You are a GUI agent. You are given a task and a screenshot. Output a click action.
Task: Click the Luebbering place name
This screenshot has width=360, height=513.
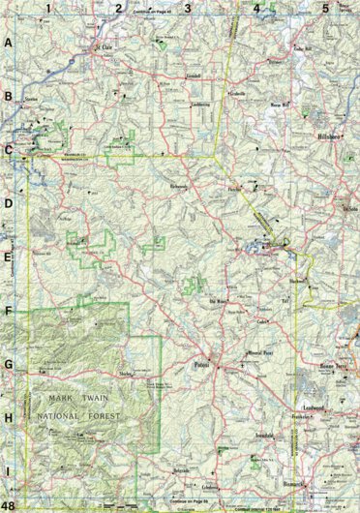201,104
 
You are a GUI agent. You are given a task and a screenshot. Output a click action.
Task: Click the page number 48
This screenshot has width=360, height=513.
9,505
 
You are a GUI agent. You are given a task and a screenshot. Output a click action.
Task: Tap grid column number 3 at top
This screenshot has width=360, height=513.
189,9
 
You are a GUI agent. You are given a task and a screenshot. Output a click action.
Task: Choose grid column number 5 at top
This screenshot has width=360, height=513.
324,9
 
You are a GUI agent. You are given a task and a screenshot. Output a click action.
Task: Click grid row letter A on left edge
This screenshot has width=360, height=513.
9,44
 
